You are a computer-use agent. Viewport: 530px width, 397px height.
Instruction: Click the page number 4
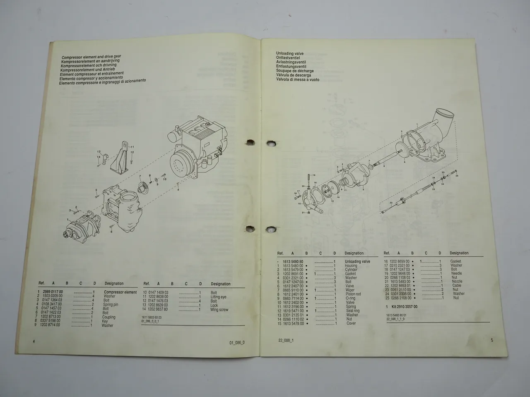[x=34, y=341]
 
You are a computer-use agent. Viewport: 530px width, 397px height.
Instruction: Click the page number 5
[x=492, y=340]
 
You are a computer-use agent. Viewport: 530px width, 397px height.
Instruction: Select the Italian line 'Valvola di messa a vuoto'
[x=298, y=79]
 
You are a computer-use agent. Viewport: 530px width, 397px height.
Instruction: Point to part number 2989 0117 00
[x=51, y=292]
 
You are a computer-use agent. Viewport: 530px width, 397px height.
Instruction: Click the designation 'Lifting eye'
[x=218, y=297]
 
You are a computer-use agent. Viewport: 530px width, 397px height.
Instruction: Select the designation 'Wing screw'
[x=219, y=310]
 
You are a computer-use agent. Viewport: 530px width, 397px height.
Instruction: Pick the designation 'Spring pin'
[x=111, y=305]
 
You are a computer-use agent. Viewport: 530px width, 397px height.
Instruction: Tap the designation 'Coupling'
[x=109, y=317]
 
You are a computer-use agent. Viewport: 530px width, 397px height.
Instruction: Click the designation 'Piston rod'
[x=353, y=294]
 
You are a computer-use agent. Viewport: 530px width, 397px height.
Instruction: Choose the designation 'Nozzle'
[x=457, y=282]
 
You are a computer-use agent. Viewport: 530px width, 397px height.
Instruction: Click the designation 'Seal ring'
[x=352, y=311]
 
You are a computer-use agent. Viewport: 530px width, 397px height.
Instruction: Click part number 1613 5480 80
[x=293, y=262]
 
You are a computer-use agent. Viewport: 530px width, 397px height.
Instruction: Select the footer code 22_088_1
[x=286, y=340]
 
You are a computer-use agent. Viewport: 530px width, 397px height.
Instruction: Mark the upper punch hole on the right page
[x=271, y=143]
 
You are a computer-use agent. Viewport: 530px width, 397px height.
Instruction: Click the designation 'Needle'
[x=457, y=273]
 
